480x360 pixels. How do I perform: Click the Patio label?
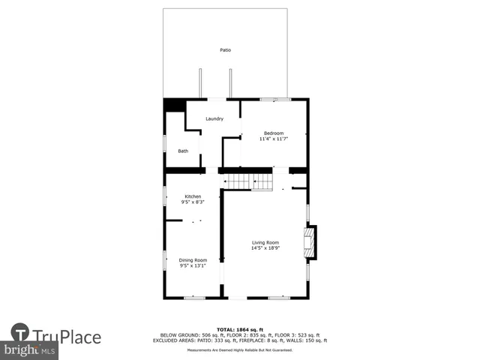[225, 50]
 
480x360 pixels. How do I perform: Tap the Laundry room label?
[214, 118]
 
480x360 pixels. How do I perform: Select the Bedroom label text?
[274, 133]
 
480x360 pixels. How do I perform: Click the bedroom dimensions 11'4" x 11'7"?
[274, 139]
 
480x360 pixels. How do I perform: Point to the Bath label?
[183, 151]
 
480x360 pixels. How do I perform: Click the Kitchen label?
[193, 196]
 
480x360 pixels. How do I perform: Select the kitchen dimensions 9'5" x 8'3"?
[193, 202]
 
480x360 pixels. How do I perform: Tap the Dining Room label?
[193, 260]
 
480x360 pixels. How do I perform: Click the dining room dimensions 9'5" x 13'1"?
[193, 265]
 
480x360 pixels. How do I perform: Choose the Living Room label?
[265, 242]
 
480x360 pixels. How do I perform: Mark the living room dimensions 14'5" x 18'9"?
[265, 248]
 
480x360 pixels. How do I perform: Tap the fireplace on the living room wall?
[308, 242]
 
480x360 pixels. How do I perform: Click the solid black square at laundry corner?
[175, 106]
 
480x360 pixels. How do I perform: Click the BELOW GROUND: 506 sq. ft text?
[184, 335]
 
